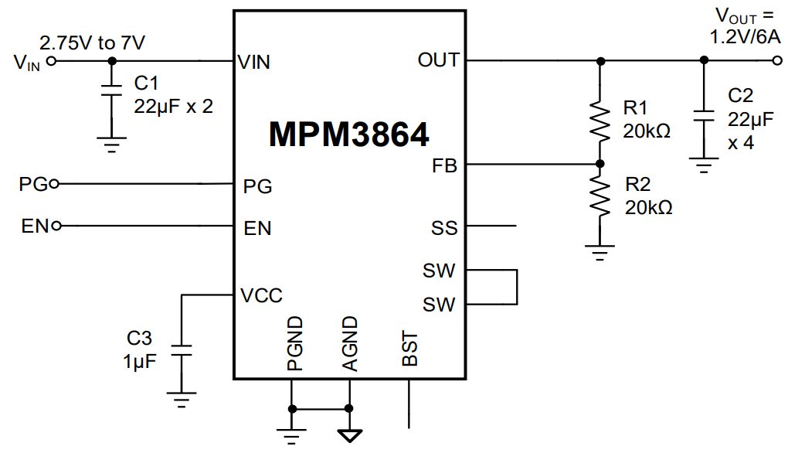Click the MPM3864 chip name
pos(348,135)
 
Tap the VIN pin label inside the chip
pos(254,62)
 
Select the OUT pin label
pos(438,60)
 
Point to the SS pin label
pos(444,228)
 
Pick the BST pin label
pos(410,349)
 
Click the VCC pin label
pos(261,295)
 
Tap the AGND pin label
pos(349,343)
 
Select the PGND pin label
pos(293,343)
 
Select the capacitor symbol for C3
pos(181,350)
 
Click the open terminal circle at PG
pos(53,184)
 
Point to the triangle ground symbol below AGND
pos(349,434)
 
